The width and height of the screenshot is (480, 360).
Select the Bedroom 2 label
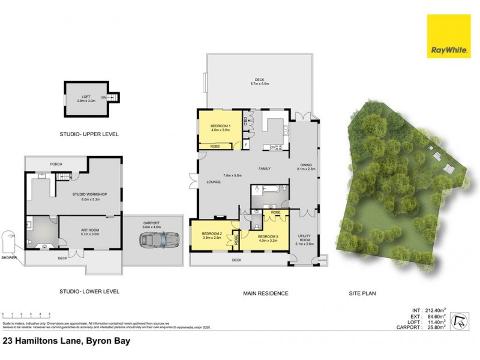pos(212,235)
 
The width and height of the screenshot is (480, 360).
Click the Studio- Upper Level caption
pos(91,134)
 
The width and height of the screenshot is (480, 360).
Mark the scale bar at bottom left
pos(25,315)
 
